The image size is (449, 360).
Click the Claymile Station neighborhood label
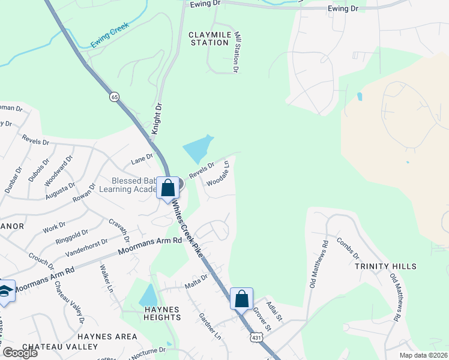208,38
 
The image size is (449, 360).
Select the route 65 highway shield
113,96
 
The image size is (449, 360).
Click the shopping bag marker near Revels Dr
168,187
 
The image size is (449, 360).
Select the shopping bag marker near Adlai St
241,298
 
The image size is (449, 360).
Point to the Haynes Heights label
162,314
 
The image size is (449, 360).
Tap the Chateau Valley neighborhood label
60,347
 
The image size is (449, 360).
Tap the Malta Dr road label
196,280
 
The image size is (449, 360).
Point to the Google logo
20,353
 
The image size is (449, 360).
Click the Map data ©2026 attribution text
423,355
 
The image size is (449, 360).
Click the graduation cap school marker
5,290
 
